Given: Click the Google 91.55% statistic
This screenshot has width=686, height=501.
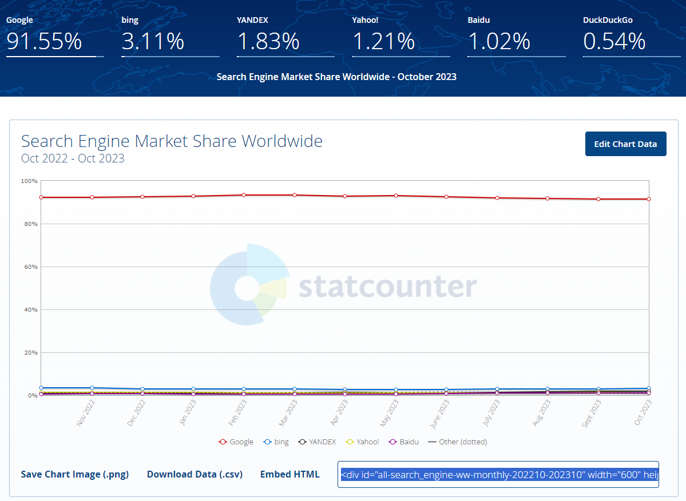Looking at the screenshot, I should tap(44, 42).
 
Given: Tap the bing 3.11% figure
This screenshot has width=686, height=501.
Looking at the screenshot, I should tap(153, 42).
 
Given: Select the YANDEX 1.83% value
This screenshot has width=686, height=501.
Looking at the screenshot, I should tap(268, 42).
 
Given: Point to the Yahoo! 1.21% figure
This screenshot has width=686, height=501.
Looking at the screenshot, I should tap(383, 42).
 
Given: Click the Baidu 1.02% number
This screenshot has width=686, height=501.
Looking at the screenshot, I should tap(499, 42).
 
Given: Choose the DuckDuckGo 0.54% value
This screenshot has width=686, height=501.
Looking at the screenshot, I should tap(614, 42).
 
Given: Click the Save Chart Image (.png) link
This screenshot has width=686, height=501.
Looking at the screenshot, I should tap(75, 474).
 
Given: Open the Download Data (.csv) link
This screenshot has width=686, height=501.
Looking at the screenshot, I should tap(195, 474).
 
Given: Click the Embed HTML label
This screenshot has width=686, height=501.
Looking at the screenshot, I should tap(290, 474).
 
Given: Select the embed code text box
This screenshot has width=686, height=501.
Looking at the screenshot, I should tap(498, 475).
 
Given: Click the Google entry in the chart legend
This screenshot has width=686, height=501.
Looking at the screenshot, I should tap(236, 442).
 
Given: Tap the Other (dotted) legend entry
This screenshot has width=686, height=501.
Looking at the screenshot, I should tap(458, 442).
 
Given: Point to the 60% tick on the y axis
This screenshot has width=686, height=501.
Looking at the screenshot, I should tap(30, 267).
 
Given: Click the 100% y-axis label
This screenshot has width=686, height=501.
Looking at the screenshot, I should tap(29, 181).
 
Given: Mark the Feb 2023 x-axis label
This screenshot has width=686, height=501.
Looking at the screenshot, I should tap(238, 412).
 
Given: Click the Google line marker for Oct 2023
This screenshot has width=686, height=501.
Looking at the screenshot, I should tap(649, 199).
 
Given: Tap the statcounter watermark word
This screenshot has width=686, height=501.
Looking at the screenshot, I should tap(387, 287).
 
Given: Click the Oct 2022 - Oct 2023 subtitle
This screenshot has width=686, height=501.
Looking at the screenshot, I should tap(73, 158).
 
